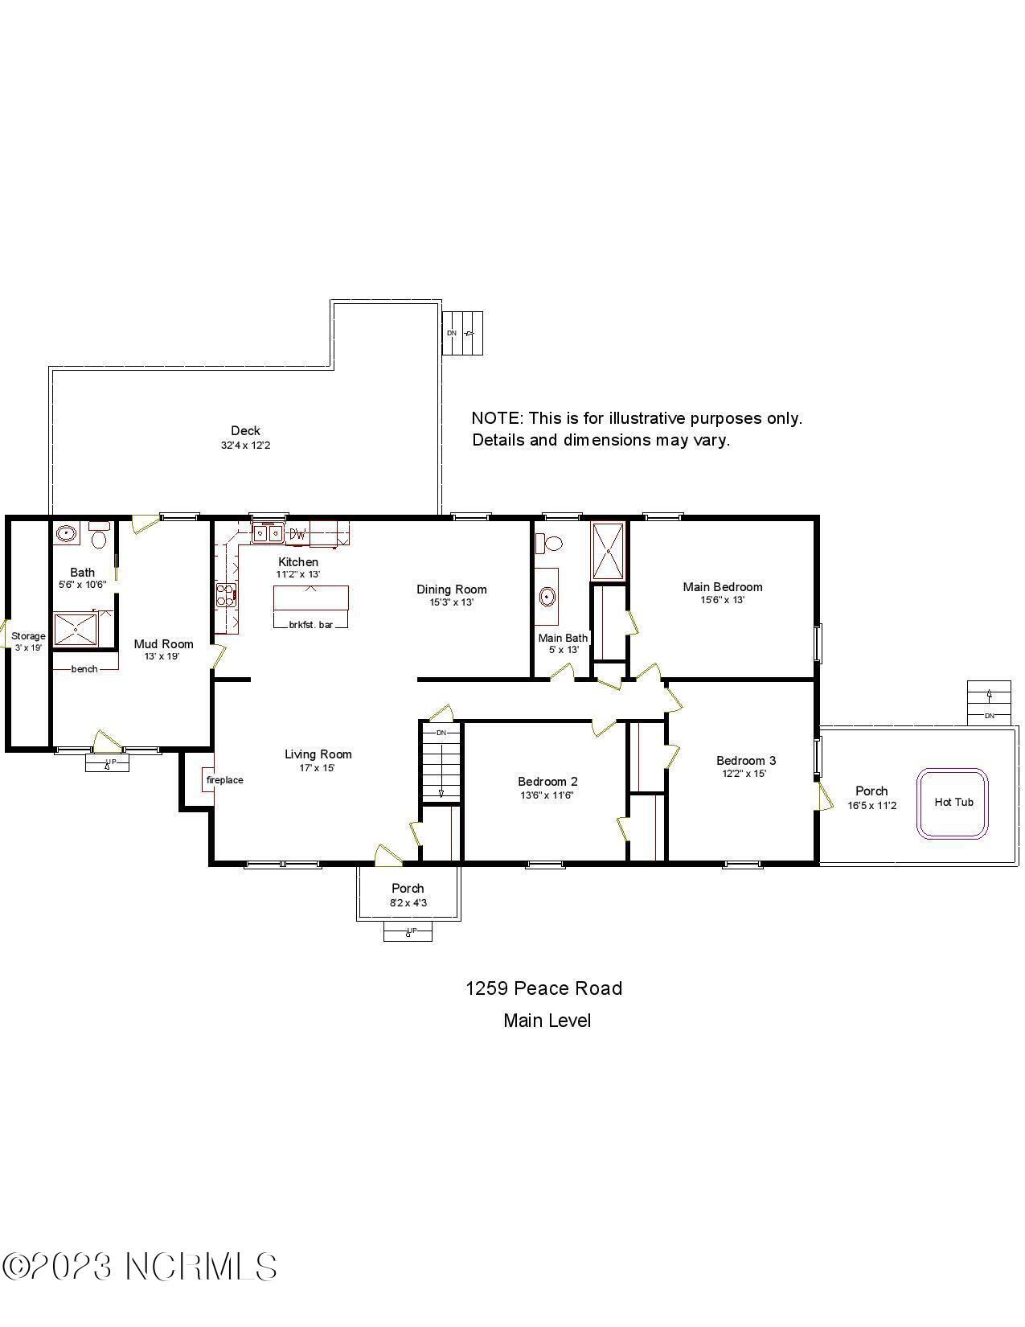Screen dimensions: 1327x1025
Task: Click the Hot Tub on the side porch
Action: (x=953, y=803)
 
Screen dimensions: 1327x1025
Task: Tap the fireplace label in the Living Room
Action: (x=224, y=780)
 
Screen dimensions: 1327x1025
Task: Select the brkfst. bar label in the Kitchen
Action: (x=310, y=624)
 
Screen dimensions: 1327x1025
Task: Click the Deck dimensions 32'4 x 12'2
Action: (x=245, y=445)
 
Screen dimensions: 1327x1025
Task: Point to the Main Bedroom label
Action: (x=722, y=587)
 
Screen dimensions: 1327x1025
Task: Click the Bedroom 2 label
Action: (x=547, y=781)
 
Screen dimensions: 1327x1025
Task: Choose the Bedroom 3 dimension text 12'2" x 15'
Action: (x=744, y=774)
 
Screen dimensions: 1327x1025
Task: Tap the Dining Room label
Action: (x=451, y=590)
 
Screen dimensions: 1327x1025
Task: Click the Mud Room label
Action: (x=163, y=643)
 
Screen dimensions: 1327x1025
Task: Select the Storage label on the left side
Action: (x=28, y=636)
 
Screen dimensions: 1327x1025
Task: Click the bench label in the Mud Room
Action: (x=84, y=669)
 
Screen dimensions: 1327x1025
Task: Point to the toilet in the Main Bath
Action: (x=551, y=543)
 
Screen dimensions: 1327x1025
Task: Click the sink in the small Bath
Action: (x=66, y=533)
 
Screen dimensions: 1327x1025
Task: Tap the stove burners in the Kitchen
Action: (x=225, y=596)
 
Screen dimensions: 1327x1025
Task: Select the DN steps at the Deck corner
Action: (x=464, y=333)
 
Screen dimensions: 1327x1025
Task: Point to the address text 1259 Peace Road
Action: (x=543, y=988)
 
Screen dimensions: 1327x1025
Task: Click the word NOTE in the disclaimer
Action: (x=495, y=418)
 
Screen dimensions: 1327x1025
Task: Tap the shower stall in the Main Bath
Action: (x=608, y=551)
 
